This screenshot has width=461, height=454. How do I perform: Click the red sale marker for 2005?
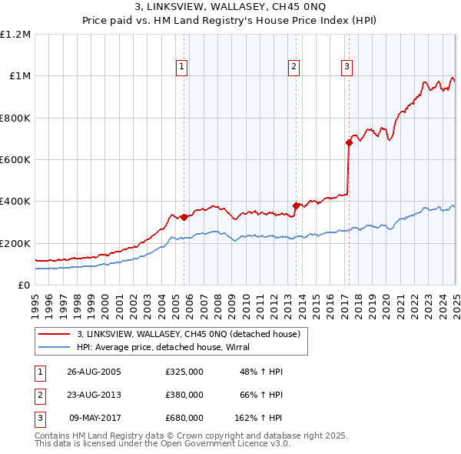(184, 217)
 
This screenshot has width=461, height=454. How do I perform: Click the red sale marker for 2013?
(297, 205)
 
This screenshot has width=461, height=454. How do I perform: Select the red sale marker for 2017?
(349, 142)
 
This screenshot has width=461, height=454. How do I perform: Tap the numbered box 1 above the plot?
(181, 67)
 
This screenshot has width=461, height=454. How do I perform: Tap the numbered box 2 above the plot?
(294, 67)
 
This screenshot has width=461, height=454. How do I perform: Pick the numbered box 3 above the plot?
(347, 67)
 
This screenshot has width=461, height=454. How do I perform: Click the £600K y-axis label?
(15, 160)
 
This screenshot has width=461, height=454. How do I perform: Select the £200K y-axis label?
(15, 243)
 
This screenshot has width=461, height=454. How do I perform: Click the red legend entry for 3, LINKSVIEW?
(193, 334)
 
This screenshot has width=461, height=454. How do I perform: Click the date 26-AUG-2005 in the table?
(95, 372)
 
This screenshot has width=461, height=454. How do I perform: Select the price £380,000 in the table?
(184, 395)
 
